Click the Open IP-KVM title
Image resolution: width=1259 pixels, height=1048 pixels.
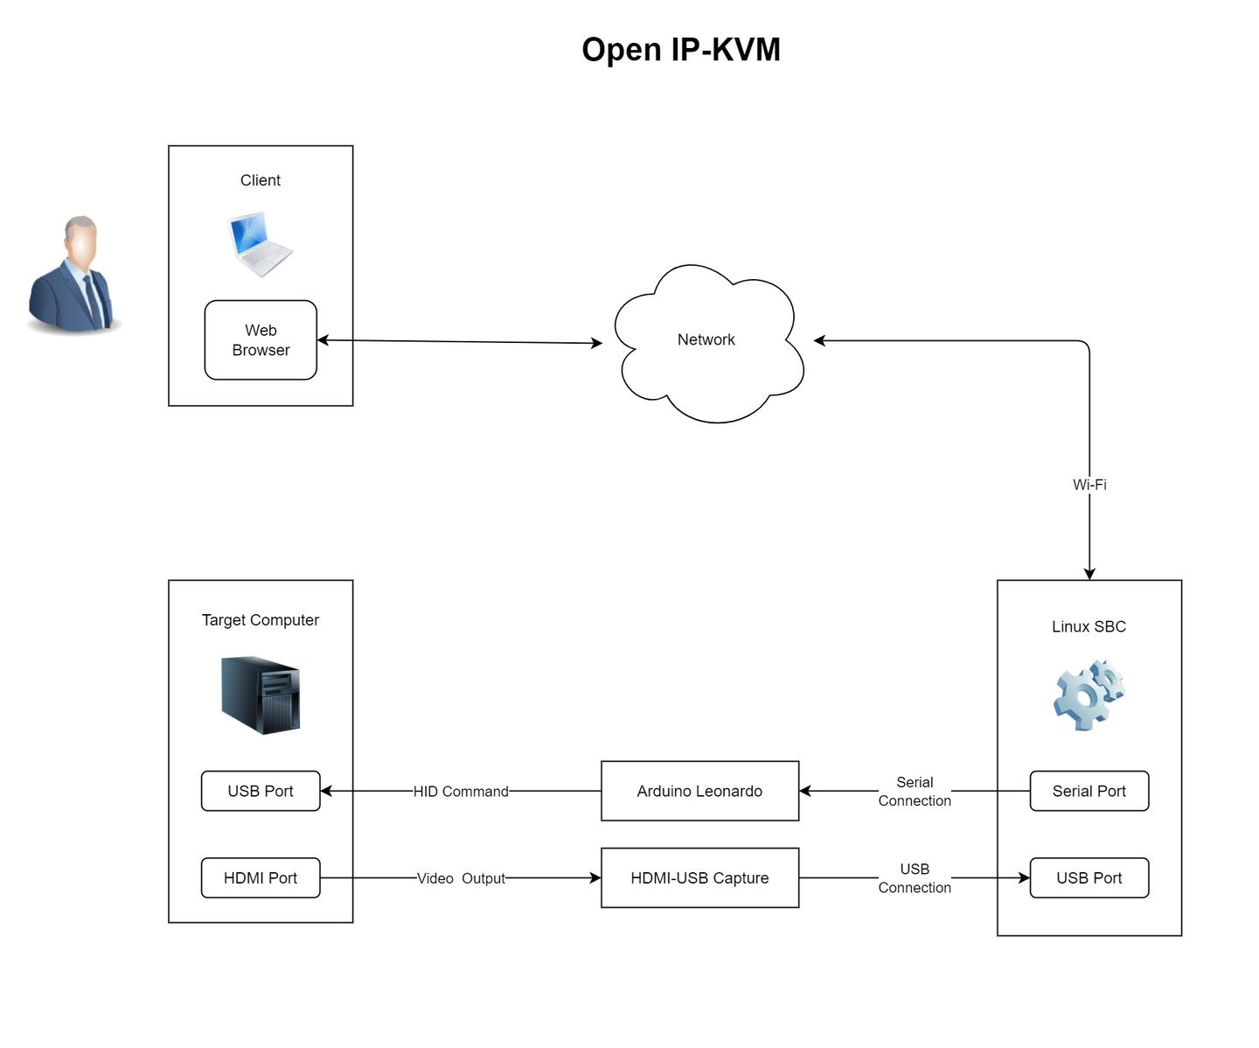[680, 50]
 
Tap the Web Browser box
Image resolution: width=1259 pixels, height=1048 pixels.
[261, 340]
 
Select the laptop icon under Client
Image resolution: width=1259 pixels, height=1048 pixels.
[260, 244]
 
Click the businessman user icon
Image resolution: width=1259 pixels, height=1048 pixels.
[73, 275]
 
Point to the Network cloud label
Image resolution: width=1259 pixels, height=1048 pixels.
[706, 339]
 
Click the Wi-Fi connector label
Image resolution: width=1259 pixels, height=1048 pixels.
[1089, 485]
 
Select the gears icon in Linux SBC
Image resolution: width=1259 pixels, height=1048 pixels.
[1089, 695]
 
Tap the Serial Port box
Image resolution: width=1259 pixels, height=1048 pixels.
[1089, 791]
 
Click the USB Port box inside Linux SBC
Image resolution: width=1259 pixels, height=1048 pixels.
[1089, 877]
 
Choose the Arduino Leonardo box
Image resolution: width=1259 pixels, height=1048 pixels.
[699, 791]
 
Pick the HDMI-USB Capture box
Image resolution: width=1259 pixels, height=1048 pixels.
[699, 877]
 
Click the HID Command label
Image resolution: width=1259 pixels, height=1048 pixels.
[461, 792]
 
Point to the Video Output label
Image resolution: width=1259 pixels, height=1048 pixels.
[461, 878]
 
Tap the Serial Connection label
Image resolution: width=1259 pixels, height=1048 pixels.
[915, 792]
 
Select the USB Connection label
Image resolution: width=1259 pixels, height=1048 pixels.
[915, 878]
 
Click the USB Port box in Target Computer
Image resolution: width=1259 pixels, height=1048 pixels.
[261, 791]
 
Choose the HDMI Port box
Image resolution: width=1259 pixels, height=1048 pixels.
[261, 877]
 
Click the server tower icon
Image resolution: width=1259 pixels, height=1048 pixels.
[261, 695]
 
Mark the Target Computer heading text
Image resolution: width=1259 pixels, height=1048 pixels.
[261, 620]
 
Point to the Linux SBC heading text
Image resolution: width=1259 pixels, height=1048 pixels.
[1089, 626]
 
